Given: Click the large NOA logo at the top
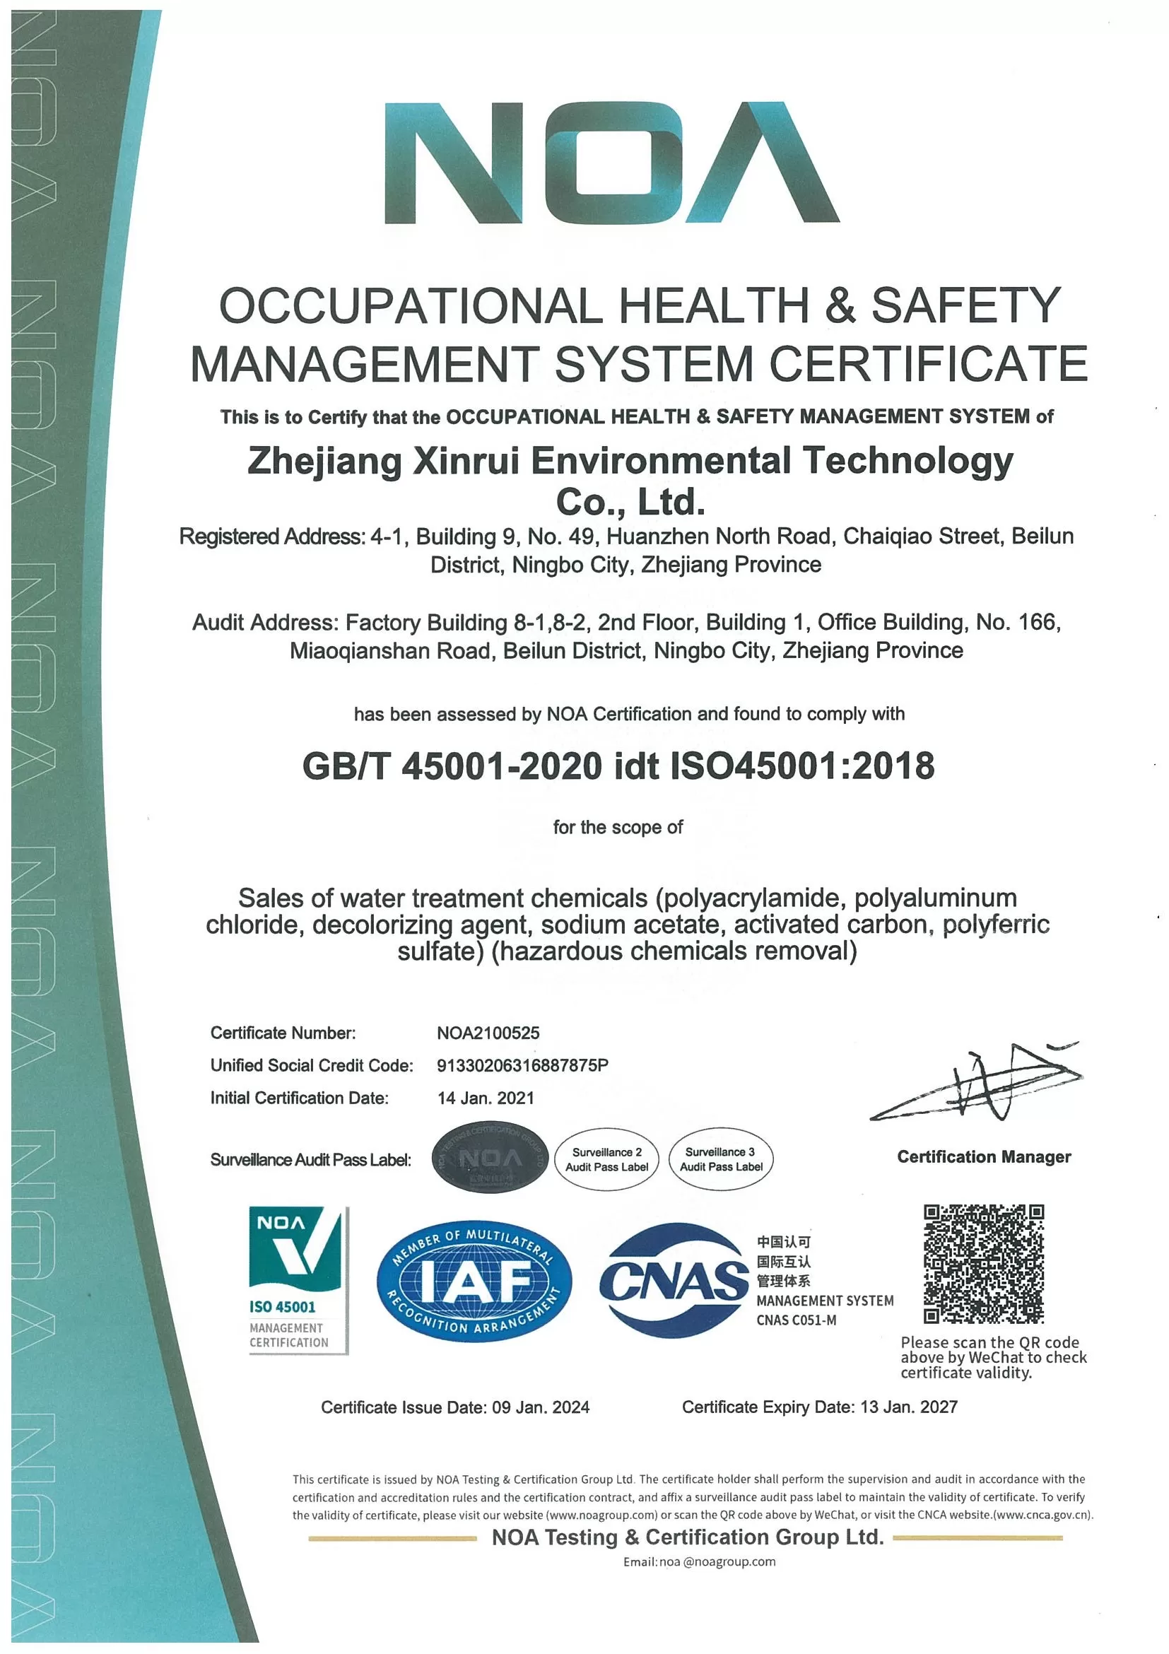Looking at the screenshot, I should click(x=611, y=163).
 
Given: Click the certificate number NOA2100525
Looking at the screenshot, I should click(x=488, y=1033).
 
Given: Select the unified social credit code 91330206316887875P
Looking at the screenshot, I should click(x=522, y=1065).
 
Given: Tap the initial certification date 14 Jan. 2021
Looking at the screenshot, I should click(x=486, y=1098).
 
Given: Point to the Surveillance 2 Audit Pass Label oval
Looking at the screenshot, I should click(x=606, y=1159).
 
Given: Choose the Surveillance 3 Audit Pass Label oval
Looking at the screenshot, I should click(x=720, y=1159).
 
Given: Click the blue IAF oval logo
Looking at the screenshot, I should click(x=474, y=1281).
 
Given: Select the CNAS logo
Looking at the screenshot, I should click(x=674, y=1280).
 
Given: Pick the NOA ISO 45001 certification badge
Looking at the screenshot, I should click(x=298, y=1280).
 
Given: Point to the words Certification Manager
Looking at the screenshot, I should click(x=983, y=1157).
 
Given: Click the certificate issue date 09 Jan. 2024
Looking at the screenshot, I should click(x=540, y=1407).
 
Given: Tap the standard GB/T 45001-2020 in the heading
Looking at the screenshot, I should click(x=452, y=766).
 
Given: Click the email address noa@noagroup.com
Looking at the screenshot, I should click(x=700, y=1562).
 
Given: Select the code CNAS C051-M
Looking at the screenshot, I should click(x=796, y=1320).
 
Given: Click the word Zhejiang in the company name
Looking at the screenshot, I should click(x=324, y=462).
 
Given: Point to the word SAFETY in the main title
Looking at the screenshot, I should click(x=965, y=305).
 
